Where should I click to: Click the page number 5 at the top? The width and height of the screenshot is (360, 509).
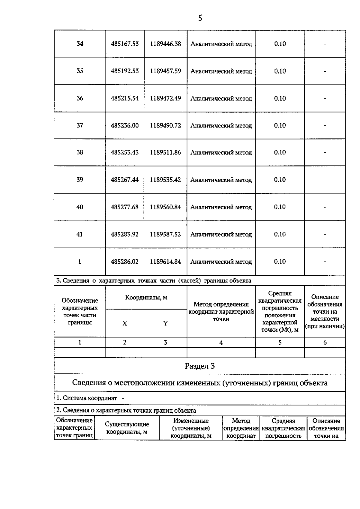coord(200,18)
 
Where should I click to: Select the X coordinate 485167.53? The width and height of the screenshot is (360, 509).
coord(125,44)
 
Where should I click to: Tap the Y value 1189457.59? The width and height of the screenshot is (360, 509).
coord(165,71)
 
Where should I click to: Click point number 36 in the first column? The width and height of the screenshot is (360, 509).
coord(80,98)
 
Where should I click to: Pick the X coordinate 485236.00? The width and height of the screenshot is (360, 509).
coord(125,125)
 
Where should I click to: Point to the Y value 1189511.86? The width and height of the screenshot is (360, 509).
coord(165,152)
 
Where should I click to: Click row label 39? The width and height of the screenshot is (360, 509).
coord(80,180)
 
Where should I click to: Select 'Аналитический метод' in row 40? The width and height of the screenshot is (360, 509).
coord(221,207)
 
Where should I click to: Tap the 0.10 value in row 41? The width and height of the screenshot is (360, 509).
coord(280,234)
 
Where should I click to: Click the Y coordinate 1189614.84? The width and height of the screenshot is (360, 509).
coord(165,262)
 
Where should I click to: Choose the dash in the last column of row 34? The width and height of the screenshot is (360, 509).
coord(325,44)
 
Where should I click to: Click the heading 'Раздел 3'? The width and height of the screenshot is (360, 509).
coord(200,366)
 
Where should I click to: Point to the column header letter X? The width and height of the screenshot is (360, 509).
coord(125,323)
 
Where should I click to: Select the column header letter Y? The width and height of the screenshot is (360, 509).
coord(165,323)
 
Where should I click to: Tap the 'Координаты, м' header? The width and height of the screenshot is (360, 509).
coord(146,298)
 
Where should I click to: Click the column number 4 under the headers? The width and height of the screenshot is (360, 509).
coord(221,343)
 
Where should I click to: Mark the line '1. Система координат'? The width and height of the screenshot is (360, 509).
coord(87,398)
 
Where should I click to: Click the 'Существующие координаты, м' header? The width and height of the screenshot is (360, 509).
coord(127,428)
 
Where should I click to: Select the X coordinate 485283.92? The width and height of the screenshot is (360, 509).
coord(125,234)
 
